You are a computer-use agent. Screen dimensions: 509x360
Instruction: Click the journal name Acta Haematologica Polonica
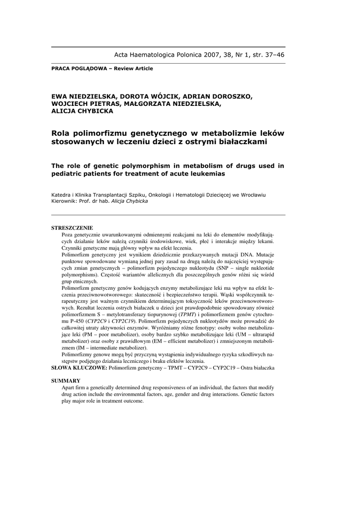[x=157, y=55]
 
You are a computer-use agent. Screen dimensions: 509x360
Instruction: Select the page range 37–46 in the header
[x=273, y=55]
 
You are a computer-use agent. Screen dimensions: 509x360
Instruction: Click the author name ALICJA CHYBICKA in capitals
[x=82, y=111]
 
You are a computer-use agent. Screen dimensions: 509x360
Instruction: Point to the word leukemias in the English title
[x=209, y=174]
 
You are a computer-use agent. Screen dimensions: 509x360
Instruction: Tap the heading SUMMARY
[x=66, y=380]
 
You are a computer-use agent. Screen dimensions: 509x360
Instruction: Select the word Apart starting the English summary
[x=70, y=387]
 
